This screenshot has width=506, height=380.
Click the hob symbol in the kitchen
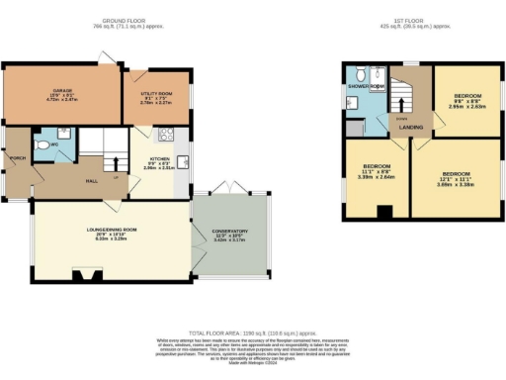(167, 136)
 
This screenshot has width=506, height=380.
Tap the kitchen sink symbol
(182, 162)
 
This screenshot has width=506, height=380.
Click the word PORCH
(17, 158)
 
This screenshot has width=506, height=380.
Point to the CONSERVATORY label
(229, 232)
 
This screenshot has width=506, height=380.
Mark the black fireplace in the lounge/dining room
(77, 276)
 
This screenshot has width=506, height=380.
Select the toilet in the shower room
(363, 74)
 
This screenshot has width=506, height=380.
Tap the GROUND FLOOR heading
(126, 20)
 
